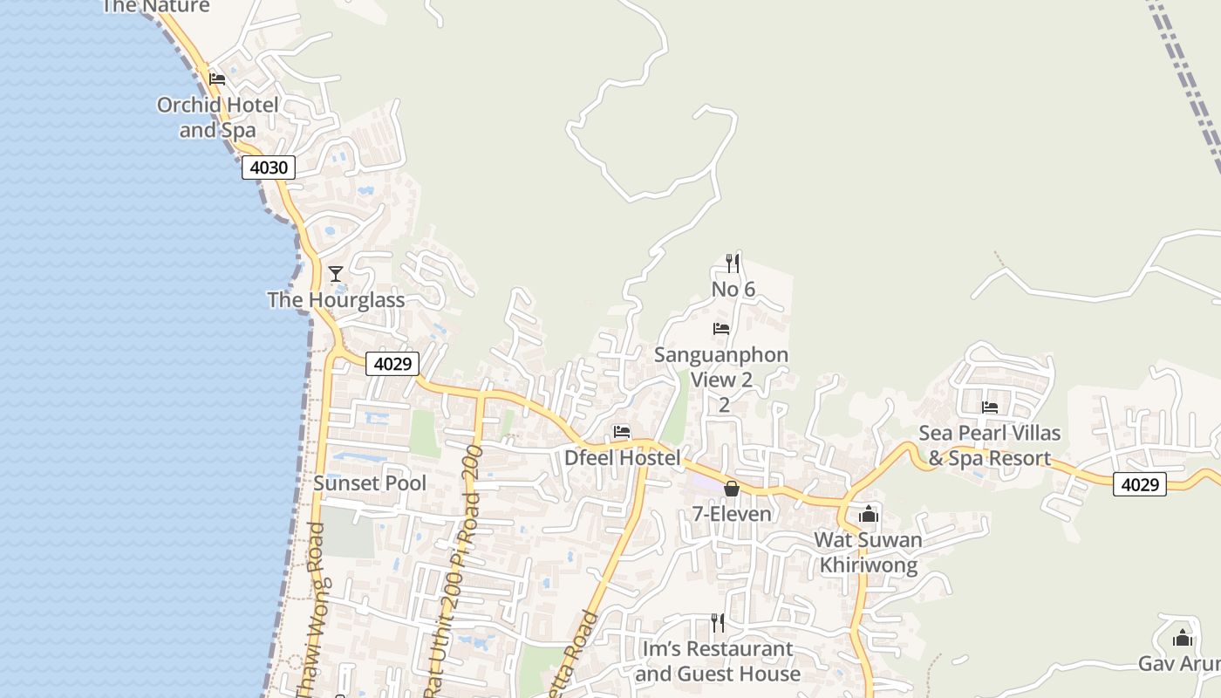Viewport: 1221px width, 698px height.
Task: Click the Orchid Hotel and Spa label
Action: [217, 118]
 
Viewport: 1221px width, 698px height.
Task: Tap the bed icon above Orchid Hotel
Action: [217, 79]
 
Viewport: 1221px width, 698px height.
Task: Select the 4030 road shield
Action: [269, 168]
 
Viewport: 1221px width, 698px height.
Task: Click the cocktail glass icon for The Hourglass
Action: [336, 274]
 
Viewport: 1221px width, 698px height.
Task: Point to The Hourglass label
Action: [336, 300]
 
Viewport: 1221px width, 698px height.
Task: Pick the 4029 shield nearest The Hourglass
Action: [392, 363]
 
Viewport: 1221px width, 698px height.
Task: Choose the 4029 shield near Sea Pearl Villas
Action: [1140, 484]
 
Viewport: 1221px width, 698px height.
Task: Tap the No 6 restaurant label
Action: [733, 290]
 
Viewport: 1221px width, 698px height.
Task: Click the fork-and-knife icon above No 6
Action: [733, 263]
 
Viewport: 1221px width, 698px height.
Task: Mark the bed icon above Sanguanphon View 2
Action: [721, 329]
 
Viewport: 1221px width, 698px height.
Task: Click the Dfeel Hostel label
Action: [622, 458]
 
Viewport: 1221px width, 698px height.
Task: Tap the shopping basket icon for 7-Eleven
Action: [732, 489]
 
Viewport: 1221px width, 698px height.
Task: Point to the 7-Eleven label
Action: [732, 514]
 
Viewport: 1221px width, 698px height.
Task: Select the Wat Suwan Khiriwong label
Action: [868, 552]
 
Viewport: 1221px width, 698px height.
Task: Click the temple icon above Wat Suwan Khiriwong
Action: [868, 515]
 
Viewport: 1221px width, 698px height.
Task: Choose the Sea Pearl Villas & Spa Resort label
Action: [990, 446]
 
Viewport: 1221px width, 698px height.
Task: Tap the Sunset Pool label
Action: [370, 483]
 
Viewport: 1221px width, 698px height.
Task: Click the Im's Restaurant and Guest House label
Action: [718, 661]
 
